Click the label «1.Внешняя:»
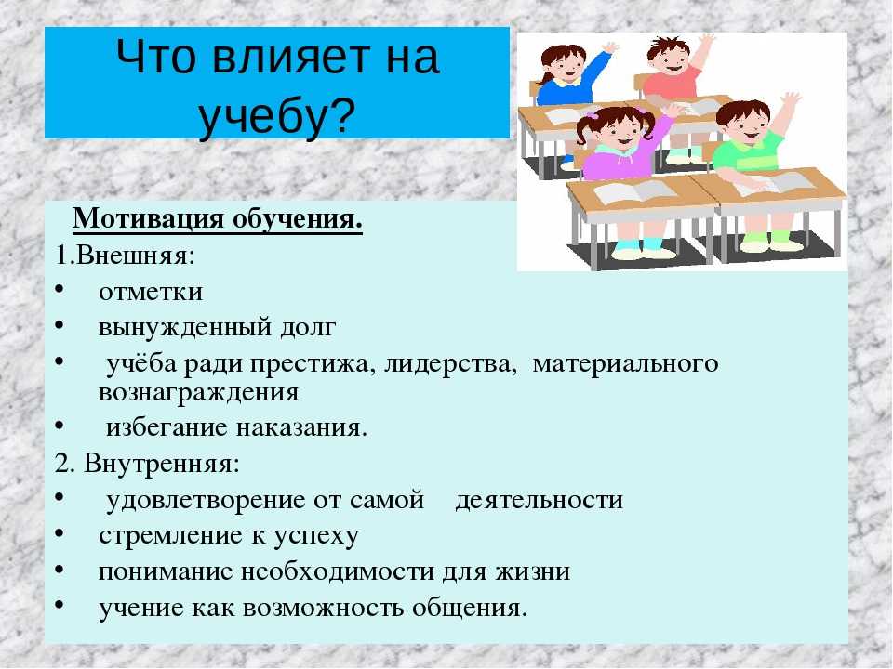(x=126, y=256)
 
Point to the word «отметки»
(x=151, y=293)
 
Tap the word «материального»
(x=625, y=364)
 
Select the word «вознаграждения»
(x=198, y=393)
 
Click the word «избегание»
(x=167, y=427)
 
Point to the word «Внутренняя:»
(x=162, y=464)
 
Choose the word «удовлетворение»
(x=207, y=501)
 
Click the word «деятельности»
(x=539, y=501)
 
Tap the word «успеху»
(x=316, y=537)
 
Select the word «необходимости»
(x=338, y=571)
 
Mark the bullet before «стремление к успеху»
(x=60, y=533)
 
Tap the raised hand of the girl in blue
(x=610, y=47)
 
